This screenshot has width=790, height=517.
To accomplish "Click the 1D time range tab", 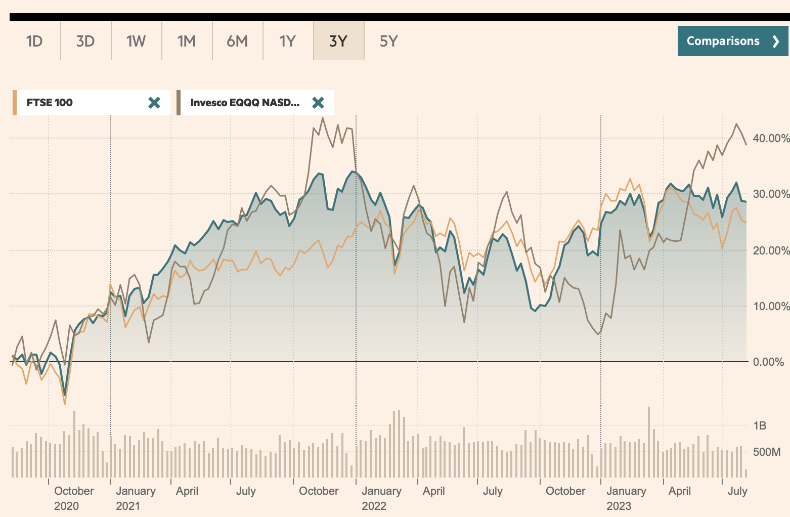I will click(34, 41).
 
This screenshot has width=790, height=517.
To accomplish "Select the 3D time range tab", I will click(85, 41).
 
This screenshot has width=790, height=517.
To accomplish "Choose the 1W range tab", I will click(136, 41).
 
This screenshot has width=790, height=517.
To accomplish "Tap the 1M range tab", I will click(187, 41).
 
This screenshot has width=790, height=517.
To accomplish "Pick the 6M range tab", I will click(237, 41).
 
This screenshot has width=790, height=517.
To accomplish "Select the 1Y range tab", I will click(288, 41).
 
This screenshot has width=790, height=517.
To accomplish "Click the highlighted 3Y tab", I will click(338, 41).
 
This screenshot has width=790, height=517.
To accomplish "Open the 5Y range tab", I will click(389, 41).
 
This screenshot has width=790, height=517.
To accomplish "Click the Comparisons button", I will click(732, 41).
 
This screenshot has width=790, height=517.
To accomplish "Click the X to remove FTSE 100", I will click(154, 103).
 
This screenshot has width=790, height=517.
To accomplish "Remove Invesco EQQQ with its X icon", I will click(318, 103).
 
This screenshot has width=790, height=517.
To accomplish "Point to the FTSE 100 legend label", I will click(50, 103).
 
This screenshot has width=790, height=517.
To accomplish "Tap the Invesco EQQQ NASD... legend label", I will click(245, 103).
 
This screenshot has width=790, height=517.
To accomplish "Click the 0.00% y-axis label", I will click(768, 362).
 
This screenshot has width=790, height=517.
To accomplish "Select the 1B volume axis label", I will click(760, 425).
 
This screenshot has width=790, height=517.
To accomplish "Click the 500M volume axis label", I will click(767, 452).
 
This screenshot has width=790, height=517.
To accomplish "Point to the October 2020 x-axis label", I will click(74, 498).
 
